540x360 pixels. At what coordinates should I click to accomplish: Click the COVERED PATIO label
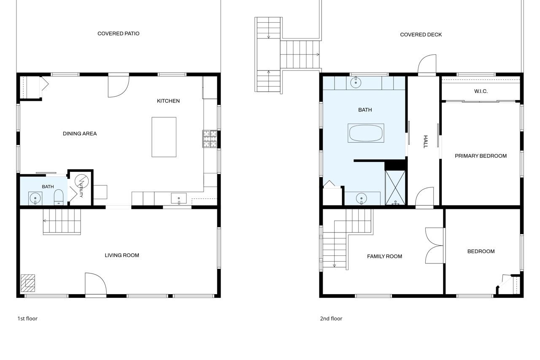click(x=119, y=33)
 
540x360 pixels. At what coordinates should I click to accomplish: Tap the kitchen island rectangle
click(x=164, y=137)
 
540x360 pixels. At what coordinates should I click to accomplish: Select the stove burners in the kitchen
click(x=210, y=139)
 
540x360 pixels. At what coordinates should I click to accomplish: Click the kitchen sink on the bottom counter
click(x=178, y=198)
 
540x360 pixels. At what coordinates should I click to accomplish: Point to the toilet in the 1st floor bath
click(x=59, y=197)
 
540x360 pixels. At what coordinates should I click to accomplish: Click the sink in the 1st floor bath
click(x=35, y=198)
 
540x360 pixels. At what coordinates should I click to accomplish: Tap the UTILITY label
click(x=81, y=190)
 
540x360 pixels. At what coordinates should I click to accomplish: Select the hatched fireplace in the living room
click(x=28, y=283)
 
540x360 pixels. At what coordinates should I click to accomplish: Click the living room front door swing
click(x=96, y=284)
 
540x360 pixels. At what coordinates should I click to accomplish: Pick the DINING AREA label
click(x=80, y=134)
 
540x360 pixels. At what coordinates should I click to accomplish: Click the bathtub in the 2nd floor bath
click(x=366, y=133)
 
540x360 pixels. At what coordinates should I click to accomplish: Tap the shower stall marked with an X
click(x=395, y=187)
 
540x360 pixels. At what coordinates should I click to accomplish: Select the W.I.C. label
click(x=481, y=91)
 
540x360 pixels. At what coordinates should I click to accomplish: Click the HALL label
click(x=426, y=141)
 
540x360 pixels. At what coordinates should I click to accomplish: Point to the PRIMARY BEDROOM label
click(x=481, y=156)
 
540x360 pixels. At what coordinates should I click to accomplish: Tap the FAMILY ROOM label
click(x=384, y=256)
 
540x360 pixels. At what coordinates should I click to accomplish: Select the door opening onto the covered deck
click(x=427, y=65)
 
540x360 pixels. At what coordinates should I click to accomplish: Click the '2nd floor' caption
click(x=331, y=319)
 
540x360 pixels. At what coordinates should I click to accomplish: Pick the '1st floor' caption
click(x=27, y=319)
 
